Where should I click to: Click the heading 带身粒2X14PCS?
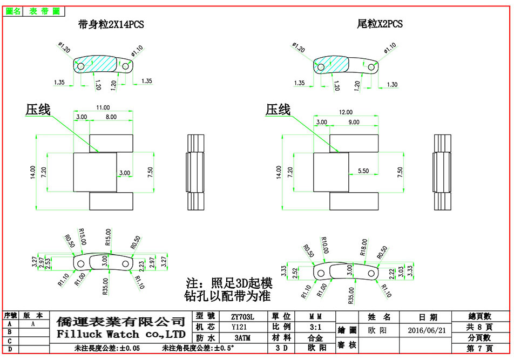coord(111,24)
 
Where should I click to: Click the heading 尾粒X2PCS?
coord(380,24)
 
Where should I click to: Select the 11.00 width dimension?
coord(103,107)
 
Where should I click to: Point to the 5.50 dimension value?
coord(363,171)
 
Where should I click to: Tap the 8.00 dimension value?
coord(110,117)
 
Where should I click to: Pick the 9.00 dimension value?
coord(354,122)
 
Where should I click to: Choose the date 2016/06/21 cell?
coord(427,330)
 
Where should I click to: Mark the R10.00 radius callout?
coord(324,246)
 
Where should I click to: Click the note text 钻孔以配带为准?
coord(227,296)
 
